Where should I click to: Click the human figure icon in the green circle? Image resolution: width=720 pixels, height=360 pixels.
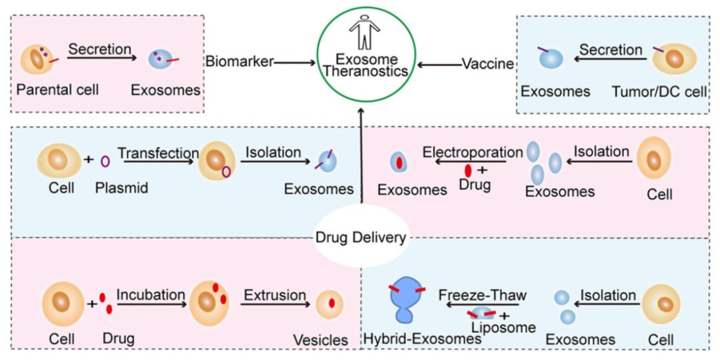click(365, 33)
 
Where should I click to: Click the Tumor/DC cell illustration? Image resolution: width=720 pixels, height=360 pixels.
click(674, 60)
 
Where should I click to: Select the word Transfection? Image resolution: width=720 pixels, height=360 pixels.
click(159, 153)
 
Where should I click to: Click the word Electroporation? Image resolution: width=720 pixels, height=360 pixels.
click(473, 151)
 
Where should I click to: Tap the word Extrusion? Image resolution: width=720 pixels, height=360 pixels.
click(275, 294)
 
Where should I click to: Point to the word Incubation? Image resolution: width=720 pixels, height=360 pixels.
click(151, 294)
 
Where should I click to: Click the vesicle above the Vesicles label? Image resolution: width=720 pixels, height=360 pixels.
click(331, 304)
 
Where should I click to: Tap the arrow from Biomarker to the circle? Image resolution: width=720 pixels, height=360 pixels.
click(295, 63)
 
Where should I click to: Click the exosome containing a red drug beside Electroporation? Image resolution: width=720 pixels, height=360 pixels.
click(399, 161)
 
